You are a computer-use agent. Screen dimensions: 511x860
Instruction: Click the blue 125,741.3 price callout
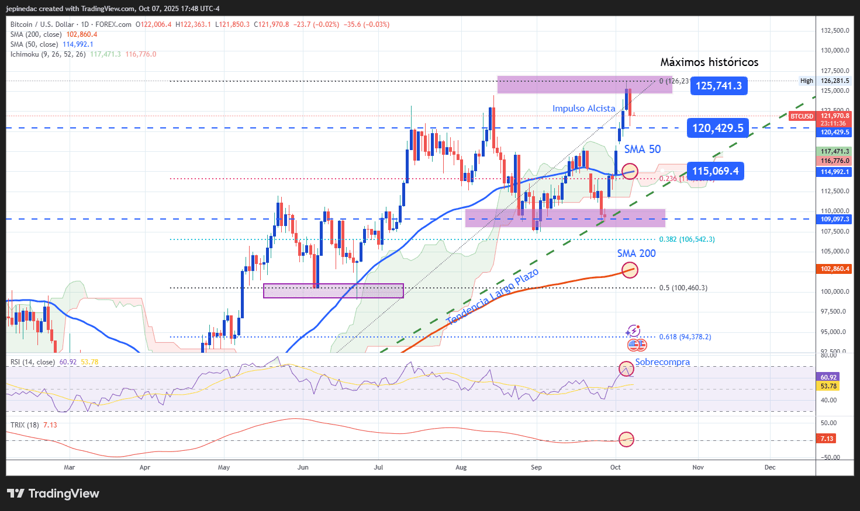(719, 86)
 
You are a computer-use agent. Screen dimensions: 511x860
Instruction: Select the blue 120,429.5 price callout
(717, 128)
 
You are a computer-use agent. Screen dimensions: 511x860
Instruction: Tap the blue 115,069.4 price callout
(715, 171)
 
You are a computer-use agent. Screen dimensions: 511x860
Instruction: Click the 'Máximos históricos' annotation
(709, 62)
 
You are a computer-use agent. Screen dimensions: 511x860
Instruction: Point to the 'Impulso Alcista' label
(583, 109)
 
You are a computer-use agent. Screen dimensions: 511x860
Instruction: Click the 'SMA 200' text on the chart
(636, 253)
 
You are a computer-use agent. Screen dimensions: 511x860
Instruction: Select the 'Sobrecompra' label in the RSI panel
(662, 362)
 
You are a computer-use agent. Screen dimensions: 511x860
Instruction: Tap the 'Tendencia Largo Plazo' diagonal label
(492, 297)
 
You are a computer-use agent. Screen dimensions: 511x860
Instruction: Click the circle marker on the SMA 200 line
(630, 270)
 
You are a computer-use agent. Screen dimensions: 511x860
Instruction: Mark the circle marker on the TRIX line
(626, 439)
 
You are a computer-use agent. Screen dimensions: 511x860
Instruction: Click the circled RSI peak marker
(626, 369)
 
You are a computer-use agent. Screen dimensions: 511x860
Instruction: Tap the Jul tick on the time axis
(378, 467)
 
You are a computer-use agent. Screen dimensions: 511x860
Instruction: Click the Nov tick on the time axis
(697, 467)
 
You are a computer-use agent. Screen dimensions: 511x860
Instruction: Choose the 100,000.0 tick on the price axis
(834, 291)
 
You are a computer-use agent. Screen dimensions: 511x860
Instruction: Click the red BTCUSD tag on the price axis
(802, 116)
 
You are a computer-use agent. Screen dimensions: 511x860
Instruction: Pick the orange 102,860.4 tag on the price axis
(835, 269)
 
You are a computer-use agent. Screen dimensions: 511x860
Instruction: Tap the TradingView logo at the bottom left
(53, 493)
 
